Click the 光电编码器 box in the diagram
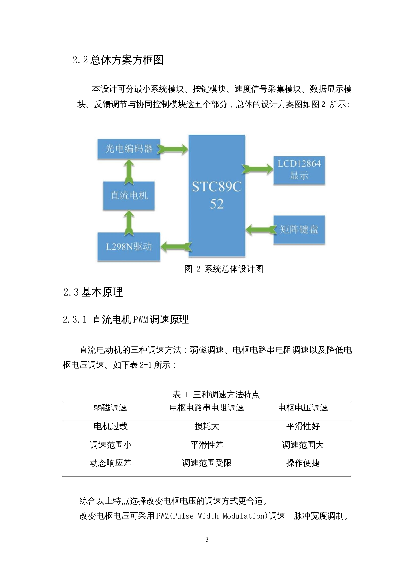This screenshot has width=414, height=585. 129,149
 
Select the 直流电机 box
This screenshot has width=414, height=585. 129,195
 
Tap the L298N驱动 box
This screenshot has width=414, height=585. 129,247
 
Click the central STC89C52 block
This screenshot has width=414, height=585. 217,195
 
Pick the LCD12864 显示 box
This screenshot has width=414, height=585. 299,170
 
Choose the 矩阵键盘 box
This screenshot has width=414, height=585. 299,229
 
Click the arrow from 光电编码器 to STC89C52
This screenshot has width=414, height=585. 173,149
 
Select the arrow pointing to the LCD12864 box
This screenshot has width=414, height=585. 258,169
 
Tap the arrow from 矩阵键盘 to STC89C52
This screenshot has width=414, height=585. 261,229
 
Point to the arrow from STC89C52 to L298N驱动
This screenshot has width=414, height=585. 176,247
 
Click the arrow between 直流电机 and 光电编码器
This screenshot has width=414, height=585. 129,171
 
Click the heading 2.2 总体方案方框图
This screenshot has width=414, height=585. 118,60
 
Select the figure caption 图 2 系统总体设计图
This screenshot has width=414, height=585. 224,269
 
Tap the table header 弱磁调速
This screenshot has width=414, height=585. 110,407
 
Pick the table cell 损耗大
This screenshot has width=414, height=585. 207,426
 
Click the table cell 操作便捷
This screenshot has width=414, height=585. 303,463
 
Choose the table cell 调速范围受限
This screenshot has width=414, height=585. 207,463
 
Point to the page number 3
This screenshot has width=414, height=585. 207,539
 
